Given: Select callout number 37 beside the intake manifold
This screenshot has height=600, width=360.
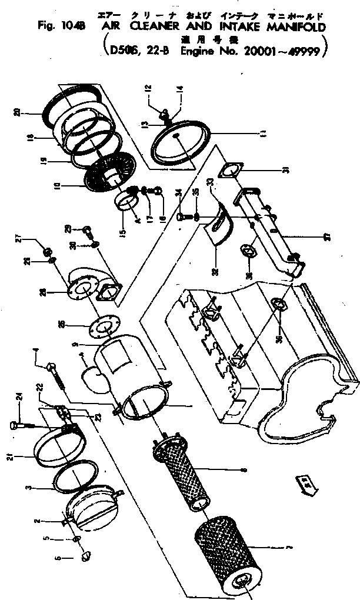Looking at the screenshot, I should coord(328,238).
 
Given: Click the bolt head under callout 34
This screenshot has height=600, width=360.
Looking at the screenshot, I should coord(180,216).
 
